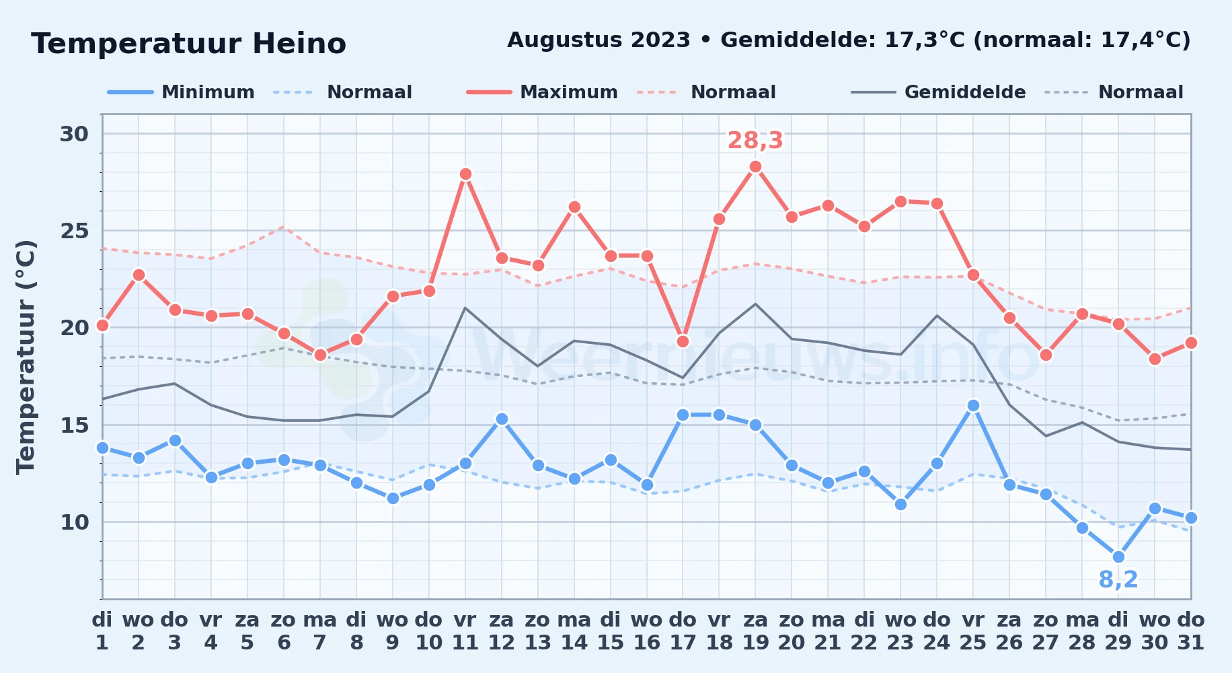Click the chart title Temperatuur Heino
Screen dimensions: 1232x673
pyautogui.click(x=188, y=44)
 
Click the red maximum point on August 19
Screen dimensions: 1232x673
pyautogui.click(x=755, y=167)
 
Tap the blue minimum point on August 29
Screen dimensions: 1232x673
pyautogui.click(x=1118, y=557)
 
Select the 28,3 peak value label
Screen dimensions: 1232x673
pyautogui.click(x=755, y=141)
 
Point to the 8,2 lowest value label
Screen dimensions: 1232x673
pyautogui.click(x=1118, y=579)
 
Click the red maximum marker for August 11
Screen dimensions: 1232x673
pyautogui.click(x=465, y=174)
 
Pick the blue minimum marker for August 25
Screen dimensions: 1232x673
pyautogui.click(x=973, y=405)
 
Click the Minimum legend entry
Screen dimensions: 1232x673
pyautogui.click(x=181, y=92)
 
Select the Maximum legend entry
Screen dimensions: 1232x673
pyautogui.click(x=542, y=92)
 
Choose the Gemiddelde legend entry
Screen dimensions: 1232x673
pyautogui.click(x=938, y=92)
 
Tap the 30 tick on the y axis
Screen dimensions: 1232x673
pyautogui.click(x=74, y=134)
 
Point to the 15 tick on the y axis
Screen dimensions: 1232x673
pyautogui.click(x=74, y=425)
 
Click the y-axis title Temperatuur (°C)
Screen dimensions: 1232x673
pyautogui.click(x=26, y=357)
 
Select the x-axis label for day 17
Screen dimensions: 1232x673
pyautogui.click(x=683, y=631)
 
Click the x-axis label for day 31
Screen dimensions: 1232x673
pyautogui.click(x=1191, y=631)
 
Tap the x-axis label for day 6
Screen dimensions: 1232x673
pyautogui.click(x=284, y=631)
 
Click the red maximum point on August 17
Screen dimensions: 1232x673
pyautogui.click(x=683, y=341)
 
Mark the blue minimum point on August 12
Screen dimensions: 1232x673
pyautogui.click(x=502, y=419)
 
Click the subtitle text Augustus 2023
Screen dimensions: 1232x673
pyautogui.click(x=599, y=40)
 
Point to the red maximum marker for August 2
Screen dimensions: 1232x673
pyautogui.click(x=139, y=275)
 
